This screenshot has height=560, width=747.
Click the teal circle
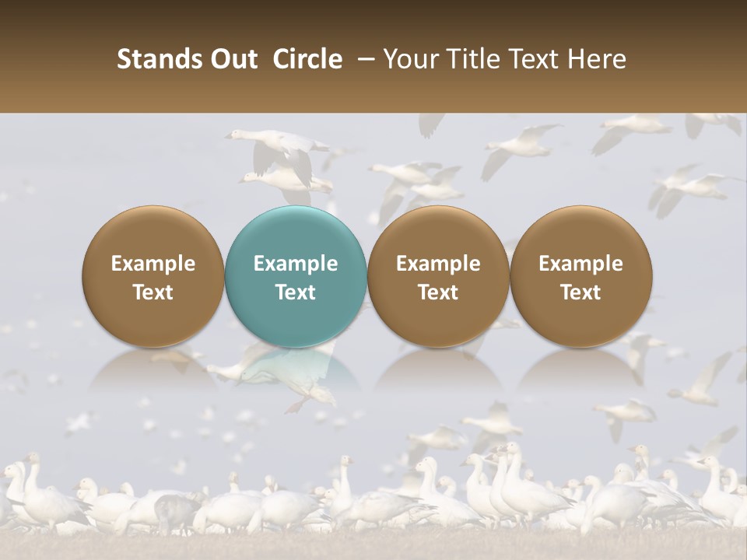[296, 233]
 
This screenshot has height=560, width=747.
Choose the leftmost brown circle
[153, 233]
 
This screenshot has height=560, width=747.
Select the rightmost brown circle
[580, 233]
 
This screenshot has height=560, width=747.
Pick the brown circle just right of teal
[438, 233]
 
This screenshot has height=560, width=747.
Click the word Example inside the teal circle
[296, 264]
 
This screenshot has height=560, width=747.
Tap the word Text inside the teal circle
[296, 292]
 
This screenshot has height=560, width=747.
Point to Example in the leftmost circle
[153, 264]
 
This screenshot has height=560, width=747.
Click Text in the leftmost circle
[153, 292]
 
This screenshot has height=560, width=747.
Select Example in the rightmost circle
[580, 264]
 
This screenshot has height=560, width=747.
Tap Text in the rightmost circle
[580, 292]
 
